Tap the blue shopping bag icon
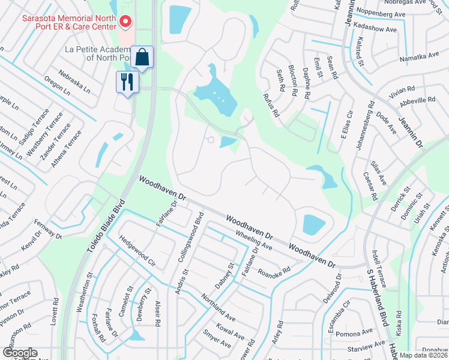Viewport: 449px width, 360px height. [x=142, y=58]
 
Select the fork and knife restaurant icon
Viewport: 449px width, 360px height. [x=127, y=82]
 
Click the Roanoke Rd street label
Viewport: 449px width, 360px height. [x=274, y=262]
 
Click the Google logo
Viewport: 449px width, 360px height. [x=20, y=353]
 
